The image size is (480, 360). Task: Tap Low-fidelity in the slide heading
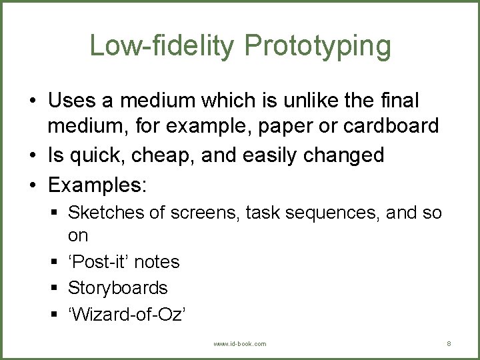click(x=162, y=45)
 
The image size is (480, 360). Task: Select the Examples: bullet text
click(x=97, y=185)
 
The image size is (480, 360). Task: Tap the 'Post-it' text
click(x=99, y=261)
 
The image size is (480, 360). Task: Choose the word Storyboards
click(x=118, y=288)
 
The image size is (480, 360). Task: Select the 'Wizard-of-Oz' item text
click(x=127, y=315)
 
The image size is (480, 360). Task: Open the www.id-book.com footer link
click(x=239, y=344)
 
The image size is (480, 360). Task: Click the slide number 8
click(x=449, y=344)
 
